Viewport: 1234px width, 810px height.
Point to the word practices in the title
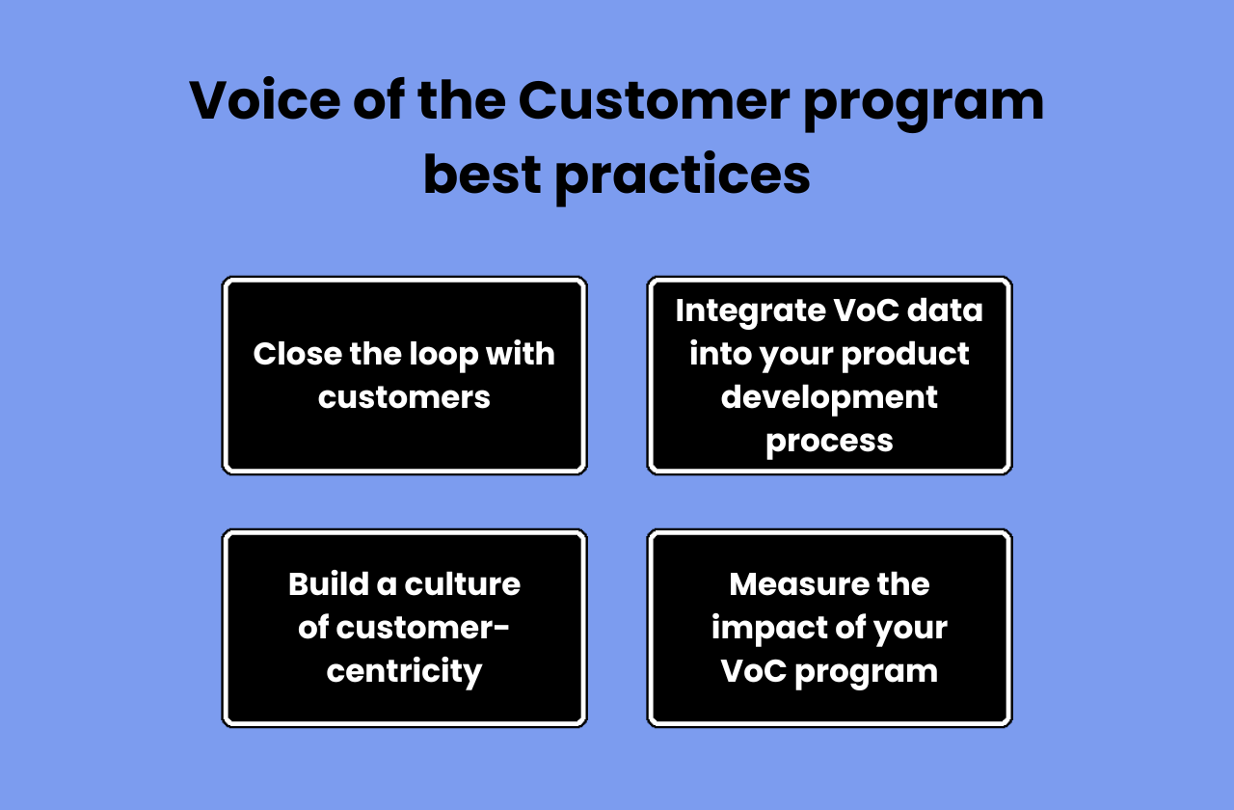[x=683, y=177]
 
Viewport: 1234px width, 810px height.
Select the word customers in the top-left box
[x=404, y=397]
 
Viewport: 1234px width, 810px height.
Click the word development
[x=829, y=397]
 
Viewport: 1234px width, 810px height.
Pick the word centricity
[x=404, y=671]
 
